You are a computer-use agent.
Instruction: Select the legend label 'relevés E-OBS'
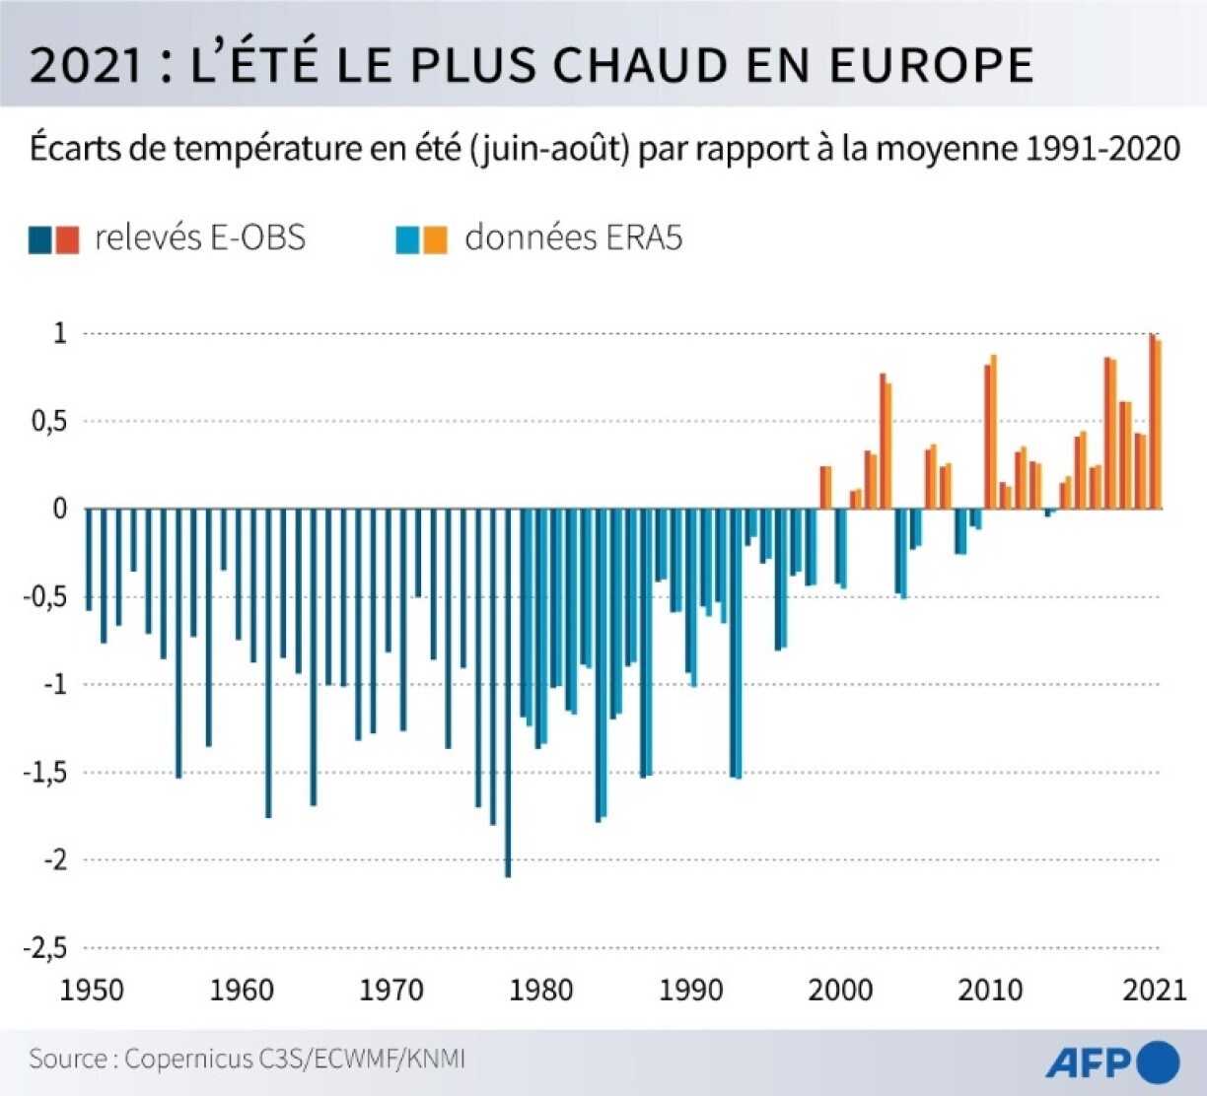[200, 238]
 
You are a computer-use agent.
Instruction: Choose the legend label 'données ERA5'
[573, 238]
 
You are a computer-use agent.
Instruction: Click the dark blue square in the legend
[40, 240]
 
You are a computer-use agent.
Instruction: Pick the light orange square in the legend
[435, 240]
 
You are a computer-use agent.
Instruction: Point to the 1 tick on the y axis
[60, 333]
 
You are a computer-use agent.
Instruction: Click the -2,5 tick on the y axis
[44, 947]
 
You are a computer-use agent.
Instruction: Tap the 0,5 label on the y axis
[49, 422]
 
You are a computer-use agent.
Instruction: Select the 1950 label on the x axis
[92, 990]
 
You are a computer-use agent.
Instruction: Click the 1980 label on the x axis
[540, 990]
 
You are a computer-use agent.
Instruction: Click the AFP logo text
[1088, 1062]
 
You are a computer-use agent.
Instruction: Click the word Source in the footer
[68, 1060]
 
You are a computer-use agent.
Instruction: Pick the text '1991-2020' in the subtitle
[1102, 149]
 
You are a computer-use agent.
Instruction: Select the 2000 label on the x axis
[840, 990]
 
